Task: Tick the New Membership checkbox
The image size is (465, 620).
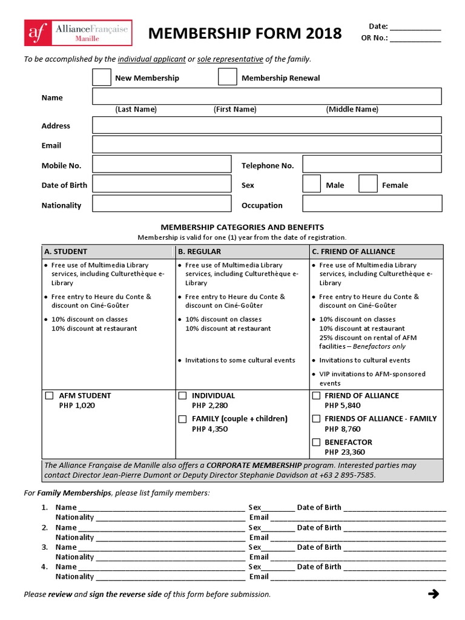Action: pyautogui.click(x=102, y=77)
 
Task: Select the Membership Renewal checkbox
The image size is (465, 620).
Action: pyautogui.click(x=228, y=77)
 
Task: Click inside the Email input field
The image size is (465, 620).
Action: pyautogui.click(x=266, y=145)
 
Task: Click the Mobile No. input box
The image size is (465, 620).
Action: pyautogui.click(x=162, y=165)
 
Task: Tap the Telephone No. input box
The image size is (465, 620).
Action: pyautogui.click(x=372, y=165)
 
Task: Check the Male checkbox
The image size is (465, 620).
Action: pyautogui.click(x=311, y=184)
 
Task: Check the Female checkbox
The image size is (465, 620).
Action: pyautogui.click(x=368, y=184)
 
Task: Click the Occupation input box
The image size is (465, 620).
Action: pyautogui.click(x=372, y=203)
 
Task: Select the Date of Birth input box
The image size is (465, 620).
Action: pyautogui.click(x=162, y=184)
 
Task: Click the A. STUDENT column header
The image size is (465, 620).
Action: pyautogui.click(x=66, y=251)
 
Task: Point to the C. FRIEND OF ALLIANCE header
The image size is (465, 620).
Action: pyautogui.click(x=354, y=251)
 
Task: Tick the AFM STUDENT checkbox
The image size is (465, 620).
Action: pyautogui.click(x=49, y=396)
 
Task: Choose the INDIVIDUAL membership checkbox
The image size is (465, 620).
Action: pyautogui.click(x=182, y=396)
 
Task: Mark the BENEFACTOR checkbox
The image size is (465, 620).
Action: pyautogui.click(x=316, y=443)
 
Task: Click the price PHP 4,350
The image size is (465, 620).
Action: pyautogui.click(x=209, y=429)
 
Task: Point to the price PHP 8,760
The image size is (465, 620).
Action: pyautogui.click(x=343, y=429)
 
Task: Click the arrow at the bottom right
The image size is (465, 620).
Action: pyautogui.click(x=433, y=594)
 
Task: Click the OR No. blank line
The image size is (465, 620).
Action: pyautogui.click(x=415, y=39)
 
